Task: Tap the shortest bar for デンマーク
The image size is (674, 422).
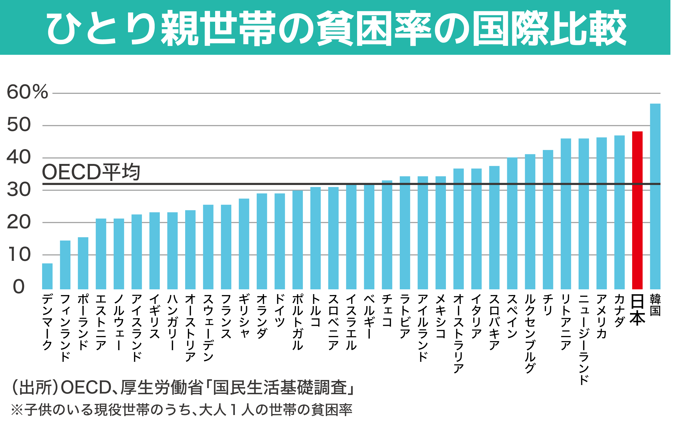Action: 47,276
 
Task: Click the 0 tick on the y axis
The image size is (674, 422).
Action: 19,287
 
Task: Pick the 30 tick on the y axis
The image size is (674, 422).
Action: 19,190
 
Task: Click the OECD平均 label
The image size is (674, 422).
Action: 91,172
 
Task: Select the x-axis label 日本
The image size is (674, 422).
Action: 637,310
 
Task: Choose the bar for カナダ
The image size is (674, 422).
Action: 619,212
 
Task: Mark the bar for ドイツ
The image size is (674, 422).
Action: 280,241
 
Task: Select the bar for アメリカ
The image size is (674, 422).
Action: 601,213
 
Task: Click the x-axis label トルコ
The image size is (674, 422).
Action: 315,310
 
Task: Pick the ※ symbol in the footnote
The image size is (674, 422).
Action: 17,409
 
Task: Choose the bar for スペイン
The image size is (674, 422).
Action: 512,223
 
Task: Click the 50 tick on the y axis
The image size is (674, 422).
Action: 19,125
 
